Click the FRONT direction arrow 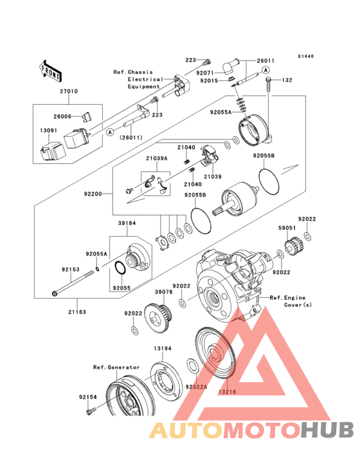[51, 71]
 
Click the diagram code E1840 [306, 56]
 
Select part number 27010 [69, 91]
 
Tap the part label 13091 [49, 131]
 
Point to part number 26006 [62, 116]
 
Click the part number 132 [287, 80]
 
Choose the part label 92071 [205, 73]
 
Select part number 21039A [157, 158]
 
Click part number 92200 [93, 194]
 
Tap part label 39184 [127, 223]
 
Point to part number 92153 [71, 270]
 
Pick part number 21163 [77, 312]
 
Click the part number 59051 [287, 228]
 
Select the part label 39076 [164, 291]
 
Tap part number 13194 [163, 349]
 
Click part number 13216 [227, 392]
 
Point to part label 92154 [88, 397]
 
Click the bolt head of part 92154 [88, 412]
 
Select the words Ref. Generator [116, 367]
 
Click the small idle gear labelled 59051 [293, 248]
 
